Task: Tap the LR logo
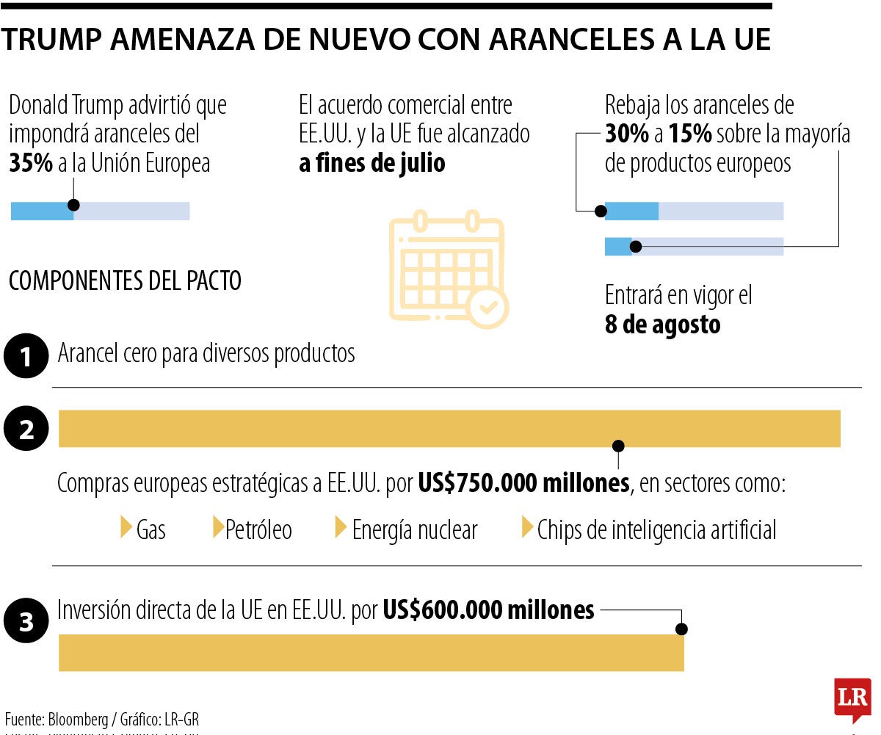click(852, 698)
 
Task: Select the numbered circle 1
click(26, 357)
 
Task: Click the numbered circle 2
click(26, 429)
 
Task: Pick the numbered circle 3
click(26, 622)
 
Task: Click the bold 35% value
click(30, 163)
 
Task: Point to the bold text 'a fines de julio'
click(372, 163)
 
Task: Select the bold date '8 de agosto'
click(662, 325)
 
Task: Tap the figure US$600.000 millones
click(488, 609)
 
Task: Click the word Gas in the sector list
click(151, 529)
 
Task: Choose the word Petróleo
click(258, 529)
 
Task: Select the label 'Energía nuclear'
click(415, 529)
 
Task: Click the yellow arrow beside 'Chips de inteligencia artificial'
click(527, 527)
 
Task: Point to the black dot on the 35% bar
click(73, 206)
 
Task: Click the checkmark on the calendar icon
click(487, 307)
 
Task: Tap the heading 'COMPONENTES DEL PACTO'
click(125, 281)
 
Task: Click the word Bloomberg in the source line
click(77, 718)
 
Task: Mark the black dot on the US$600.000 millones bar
click(681, 629)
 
